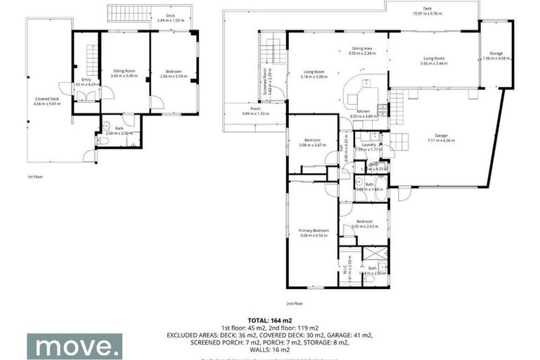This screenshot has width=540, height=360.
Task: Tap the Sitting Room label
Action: pos(124,71)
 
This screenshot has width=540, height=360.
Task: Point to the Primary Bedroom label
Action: pos(313,231)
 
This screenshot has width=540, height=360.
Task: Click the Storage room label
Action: pos(496,53)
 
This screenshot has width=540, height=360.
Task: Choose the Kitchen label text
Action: pos(363,112)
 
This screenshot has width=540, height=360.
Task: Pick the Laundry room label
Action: pos(370,145)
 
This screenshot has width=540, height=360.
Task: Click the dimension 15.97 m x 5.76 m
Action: pos(427,13)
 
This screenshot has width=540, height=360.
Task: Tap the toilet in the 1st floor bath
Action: pos(103,141)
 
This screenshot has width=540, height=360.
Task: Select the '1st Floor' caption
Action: pos(35,176)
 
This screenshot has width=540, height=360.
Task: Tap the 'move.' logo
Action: pos(75,346)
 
